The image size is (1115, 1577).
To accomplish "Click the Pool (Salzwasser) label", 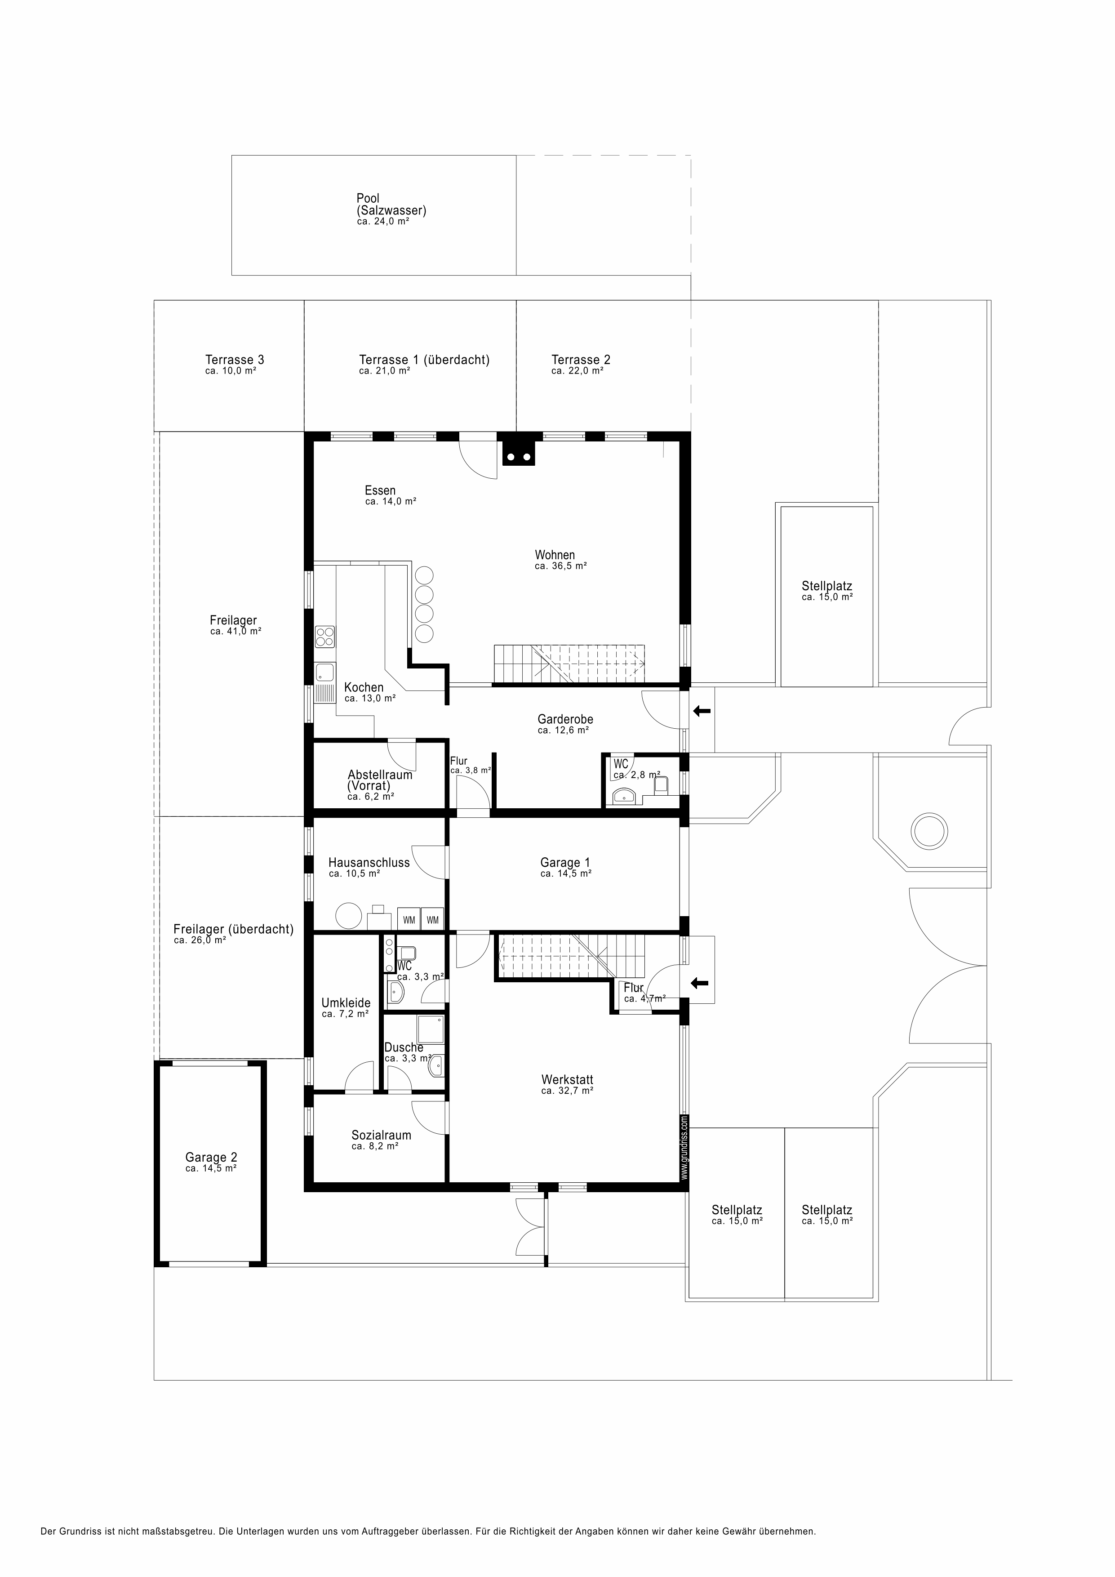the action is [x=391, y=205].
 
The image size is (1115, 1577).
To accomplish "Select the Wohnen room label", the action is [x=555, y=555].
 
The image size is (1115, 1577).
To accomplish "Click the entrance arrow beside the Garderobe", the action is [x=702, y=711].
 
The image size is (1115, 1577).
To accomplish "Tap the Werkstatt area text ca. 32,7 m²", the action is [x=567, y=1091].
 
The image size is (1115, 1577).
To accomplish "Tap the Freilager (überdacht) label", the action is [x=233, y=929].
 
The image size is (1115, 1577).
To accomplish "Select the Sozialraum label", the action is [x=382, y=1136].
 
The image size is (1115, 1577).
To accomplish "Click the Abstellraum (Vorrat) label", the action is [x=380, y=780].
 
